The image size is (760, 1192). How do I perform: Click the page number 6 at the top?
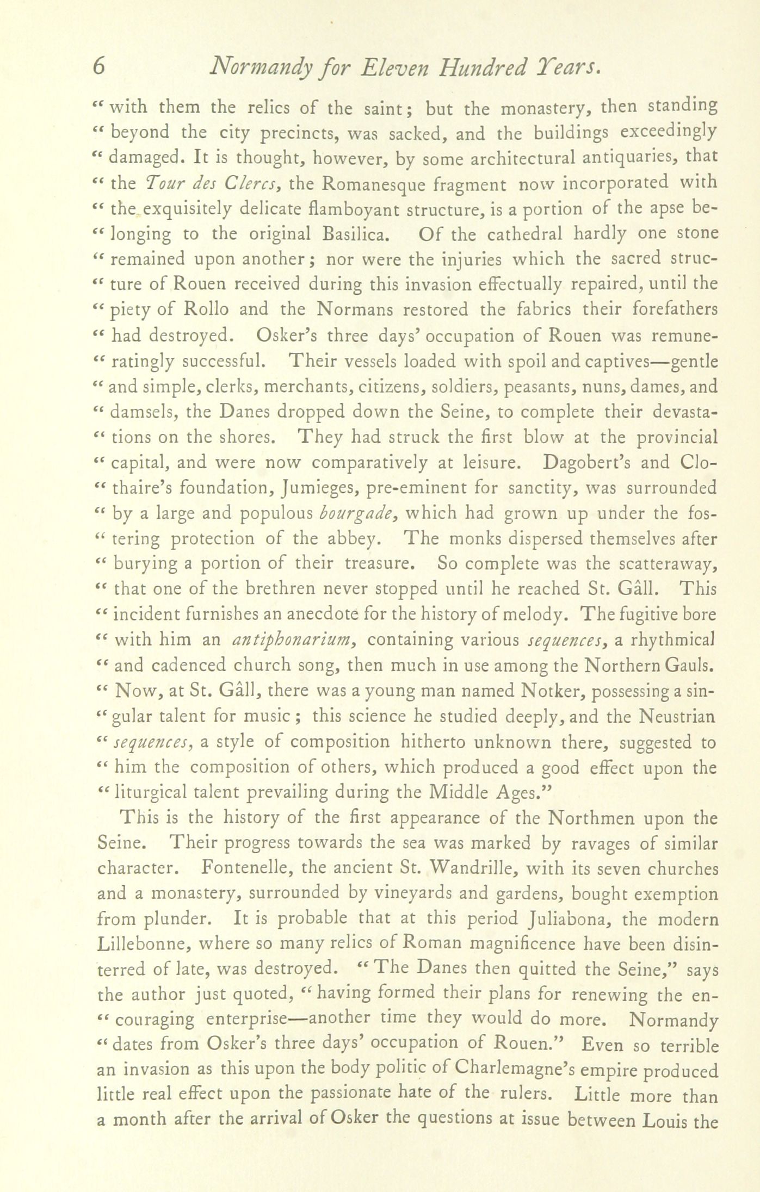point(98,66)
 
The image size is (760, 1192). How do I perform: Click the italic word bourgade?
point(361,513)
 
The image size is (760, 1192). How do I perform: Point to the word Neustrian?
point(677,716)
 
